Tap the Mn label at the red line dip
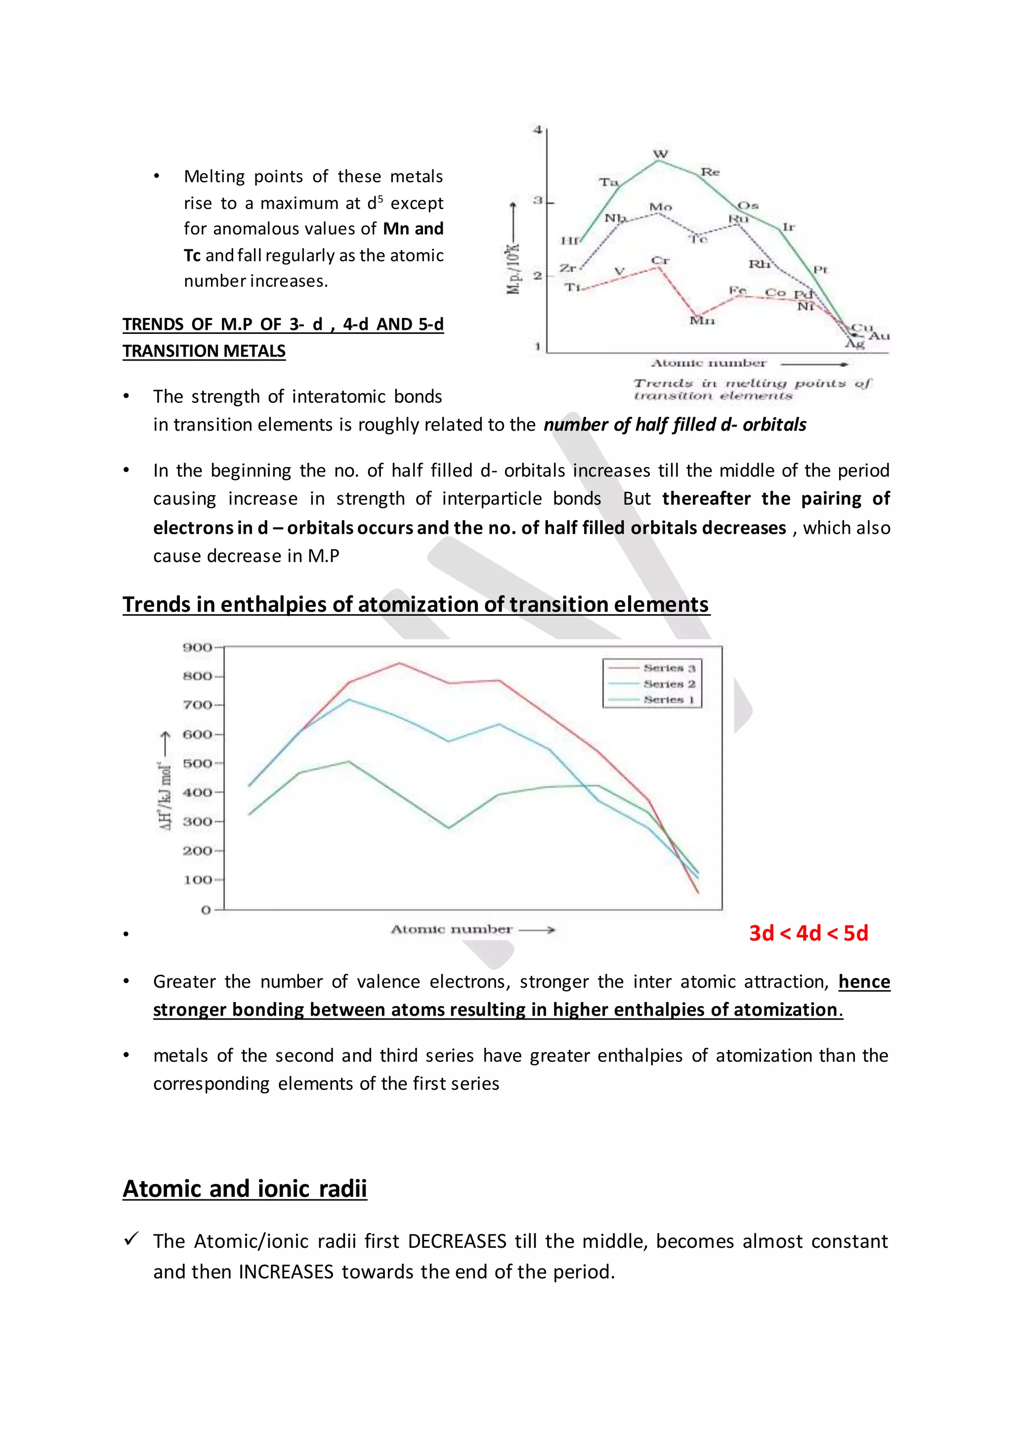702,321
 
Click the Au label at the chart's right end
879,336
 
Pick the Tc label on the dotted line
698,239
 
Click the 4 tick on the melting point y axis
537,129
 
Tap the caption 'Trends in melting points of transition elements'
752,389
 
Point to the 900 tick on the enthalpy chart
197,647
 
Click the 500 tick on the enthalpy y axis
197,763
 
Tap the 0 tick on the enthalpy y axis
206,910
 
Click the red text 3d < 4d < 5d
808,933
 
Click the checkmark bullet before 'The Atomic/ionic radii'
131,1239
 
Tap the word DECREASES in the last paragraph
457,1241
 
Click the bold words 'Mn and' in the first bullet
413,229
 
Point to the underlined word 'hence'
864,982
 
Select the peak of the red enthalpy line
399,663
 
